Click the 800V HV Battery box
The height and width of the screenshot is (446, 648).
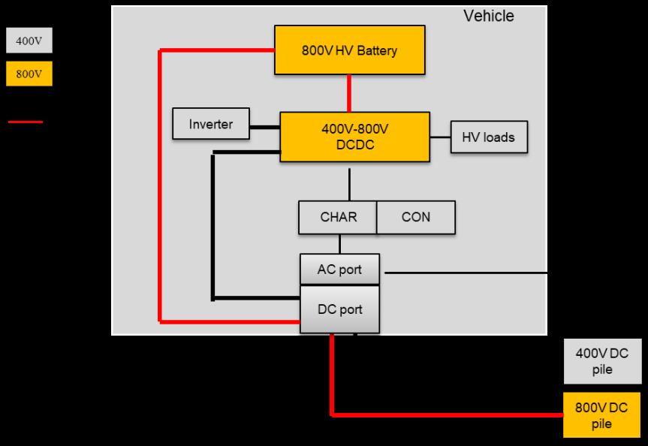tap(349, 50)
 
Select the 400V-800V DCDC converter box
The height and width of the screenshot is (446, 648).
tap(354, 137)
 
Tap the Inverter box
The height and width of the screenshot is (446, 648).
tap(210, 124)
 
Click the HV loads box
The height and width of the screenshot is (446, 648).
tap(489, 137)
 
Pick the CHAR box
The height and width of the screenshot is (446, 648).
tap(337, 217)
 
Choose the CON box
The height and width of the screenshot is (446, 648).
tap(416, 217)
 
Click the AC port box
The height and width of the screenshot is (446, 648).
tap(339, 270)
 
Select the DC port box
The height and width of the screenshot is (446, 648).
tap(339, 309)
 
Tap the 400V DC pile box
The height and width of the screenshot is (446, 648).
tap(602, 361)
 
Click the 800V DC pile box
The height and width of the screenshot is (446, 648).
tap(602, 415)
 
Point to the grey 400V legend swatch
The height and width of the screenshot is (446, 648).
tap(29, 41)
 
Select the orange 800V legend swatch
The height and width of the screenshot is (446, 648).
tap(29, 74)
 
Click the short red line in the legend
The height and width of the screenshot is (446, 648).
tap(26, 122)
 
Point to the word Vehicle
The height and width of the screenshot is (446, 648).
tap(489, 16)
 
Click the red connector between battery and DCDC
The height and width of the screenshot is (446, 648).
tap(349, 93)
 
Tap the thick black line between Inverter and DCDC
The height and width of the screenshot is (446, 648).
tap(264, 127)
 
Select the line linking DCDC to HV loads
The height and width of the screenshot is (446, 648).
tap(440, 137)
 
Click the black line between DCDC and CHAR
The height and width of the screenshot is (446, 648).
tap(349, 184)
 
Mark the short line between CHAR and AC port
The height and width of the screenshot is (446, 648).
tap(339, 244)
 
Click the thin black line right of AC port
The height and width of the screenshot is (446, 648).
tap(466, 273)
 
